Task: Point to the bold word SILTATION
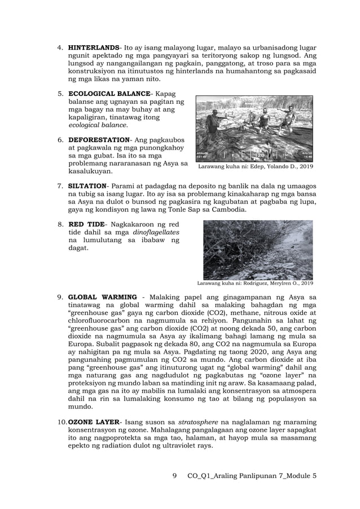[x=87, y=186]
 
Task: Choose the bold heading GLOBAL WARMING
[x=102, y=297]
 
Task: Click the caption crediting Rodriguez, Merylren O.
[x=254, y=283]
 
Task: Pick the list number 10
[x=62, y=422]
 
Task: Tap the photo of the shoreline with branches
[x=257, y=249]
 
